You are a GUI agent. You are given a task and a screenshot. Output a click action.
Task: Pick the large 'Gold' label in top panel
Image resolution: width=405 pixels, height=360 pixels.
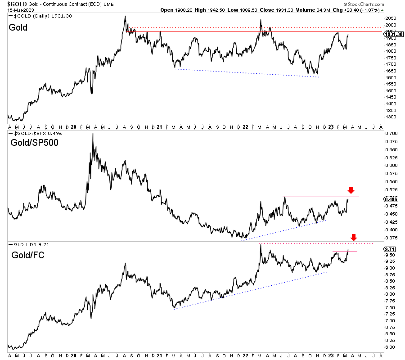click(18, 27)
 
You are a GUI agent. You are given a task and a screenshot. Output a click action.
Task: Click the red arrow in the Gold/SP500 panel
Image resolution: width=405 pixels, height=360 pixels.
click(351, 190)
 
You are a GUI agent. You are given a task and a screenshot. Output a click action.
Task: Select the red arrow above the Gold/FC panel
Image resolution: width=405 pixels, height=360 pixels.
click(354, 237)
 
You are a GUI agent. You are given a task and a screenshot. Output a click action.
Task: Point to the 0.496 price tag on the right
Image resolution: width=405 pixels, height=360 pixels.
click(390, 199)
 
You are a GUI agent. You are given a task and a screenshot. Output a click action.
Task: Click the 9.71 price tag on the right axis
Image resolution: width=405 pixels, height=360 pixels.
click(389, 249)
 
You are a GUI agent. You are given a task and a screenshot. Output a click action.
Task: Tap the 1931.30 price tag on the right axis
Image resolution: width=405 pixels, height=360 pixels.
click(392, 34)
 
